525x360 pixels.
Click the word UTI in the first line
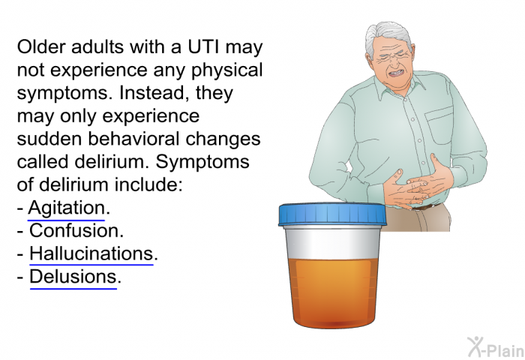[x=203, y=47]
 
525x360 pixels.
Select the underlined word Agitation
[x=66, y=208]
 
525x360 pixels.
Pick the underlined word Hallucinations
[x=91, y=253]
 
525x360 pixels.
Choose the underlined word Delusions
[x=73, y=277]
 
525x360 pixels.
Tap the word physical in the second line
[x=227, y=70]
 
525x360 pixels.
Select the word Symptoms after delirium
[x=202, y=162]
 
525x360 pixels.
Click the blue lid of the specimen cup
[x=332, y=214]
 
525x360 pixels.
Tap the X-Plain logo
[x=495, y=347]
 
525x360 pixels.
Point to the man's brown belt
[x=424, y=207]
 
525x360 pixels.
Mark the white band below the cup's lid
[x=332, y=242]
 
